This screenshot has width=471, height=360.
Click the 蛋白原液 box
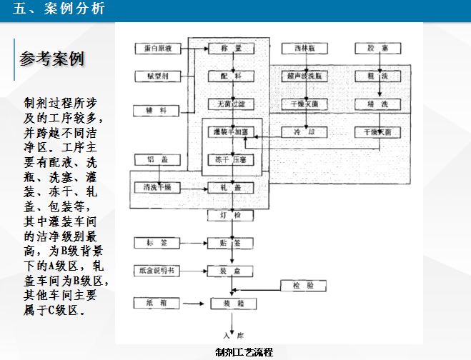157,49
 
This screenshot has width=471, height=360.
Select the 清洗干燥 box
157,187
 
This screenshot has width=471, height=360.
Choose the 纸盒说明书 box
157,271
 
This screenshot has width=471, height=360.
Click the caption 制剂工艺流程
244,352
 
